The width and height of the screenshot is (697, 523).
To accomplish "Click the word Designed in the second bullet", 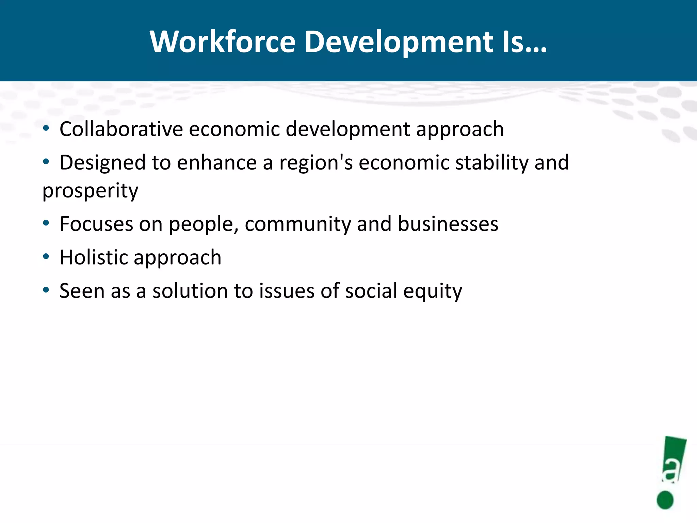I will pos(103,162).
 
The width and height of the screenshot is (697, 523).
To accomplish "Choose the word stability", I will pos(491,162).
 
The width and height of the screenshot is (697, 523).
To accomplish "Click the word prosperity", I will pos(90,191).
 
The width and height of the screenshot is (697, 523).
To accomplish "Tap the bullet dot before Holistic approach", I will pos(46,256).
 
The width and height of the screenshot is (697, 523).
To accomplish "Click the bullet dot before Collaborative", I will pos(46,128).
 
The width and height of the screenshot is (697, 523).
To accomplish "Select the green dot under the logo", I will pos(665,500).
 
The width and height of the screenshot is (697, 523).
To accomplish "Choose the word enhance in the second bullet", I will pos(217,162).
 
